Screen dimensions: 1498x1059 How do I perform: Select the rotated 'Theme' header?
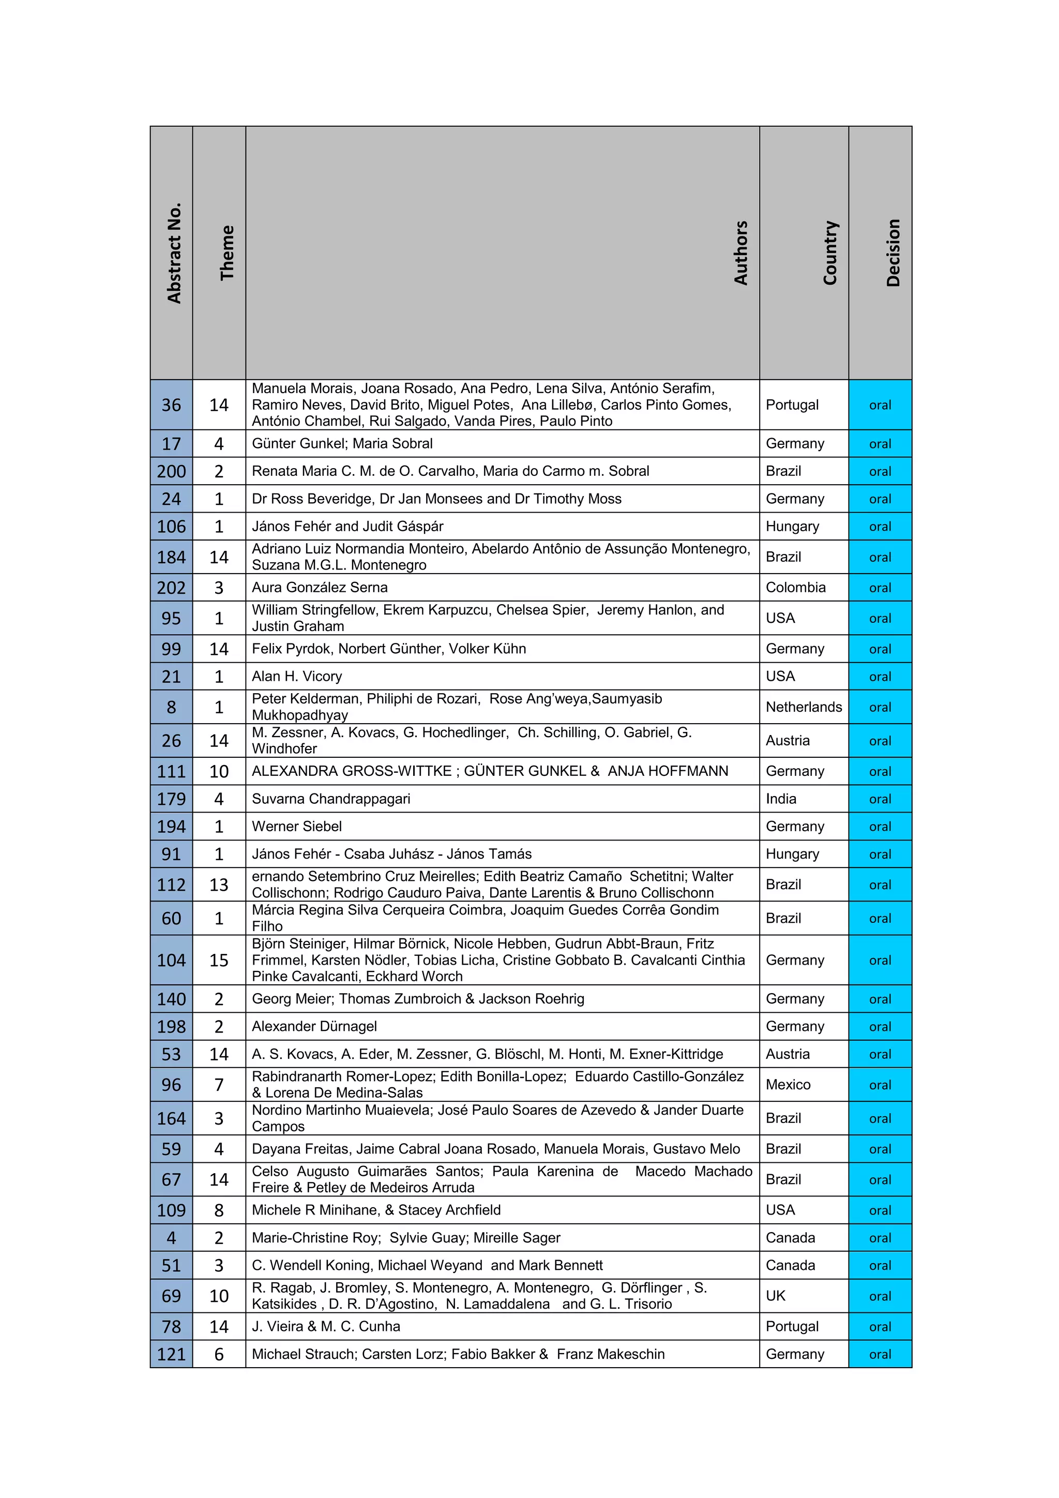(x=226, y=253)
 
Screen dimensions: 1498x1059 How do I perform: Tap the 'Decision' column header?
(x=892, y=253)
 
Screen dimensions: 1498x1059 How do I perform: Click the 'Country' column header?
(x=829, y=253)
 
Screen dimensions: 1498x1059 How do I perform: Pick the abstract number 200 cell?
(x=172, y=471)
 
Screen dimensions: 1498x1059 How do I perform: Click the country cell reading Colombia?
(x=796, y=587)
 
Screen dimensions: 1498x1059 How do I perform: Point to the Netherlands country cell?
(x=804, y=707)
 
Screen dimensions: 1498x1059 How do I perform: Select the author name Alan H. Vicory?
(x=297, y=676)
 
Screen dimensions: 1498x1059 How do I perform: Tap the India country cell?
(x=781, y=799)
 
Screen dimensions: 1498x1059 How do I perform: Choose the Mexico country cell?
(x=788, y=1084)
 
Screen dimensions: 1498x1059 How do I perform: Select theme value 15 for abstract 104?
(x=219, y=960)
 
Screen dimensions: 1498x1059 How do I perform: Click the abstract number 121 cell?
(x=172, y=1354)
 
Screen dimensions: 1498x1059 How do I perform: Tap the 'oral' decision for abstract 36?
(x=880, y=405)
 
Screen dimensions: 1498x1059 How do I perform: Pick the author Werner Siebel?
(x=297, y=826)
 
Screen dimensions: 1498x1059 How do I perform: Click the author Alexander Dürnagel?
(x=314, y=1026)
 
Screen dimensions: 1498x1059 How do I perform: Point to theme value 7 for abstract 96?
(x=219, y=1084)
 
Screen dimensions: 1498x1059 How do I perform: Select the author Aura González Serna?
(x=320, y=587)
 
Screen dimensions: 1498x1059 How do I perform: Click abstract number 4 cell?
(x=172, y=1238)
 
